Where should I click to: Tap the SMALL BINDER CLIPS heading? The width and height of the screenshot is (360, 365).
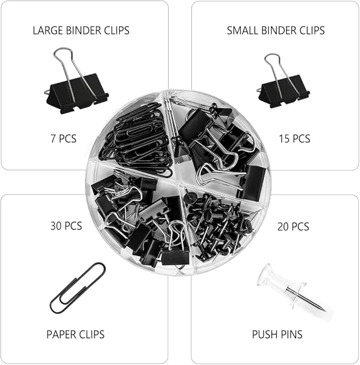(x=276, y=30)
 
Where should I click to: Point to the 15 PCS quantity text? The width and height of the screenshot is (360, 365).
(x=294, y=139)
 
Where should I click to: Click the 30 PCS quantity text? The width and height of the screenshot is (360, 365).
(x=66, y=226)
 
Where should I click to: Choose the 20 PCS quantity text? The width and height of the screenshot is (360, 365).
(x=293, y=227)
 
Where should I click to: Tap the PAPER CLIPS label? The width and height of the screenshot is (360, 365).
(x=76, y=334)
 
